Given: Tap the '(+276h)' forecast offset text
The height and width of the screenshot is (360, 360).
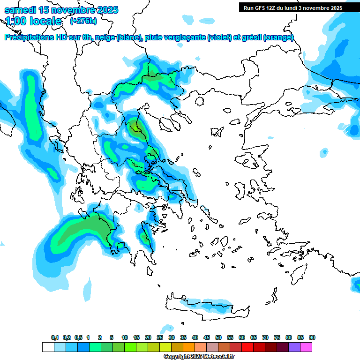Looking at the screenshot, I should (x=83, y=21).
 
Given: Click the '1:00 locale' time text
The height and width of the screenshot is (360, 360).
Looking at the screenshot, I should (x=33, y=21).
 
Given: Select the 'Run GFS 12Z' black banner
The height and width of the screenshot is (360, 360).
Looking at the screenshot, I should (x=293, y=7).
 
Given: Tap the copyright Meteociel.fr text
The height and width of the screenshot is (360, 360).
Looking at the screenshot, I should (x=199, y=356).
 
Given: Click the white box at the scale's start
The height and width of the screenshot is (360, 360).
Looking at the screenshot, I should (x=48, y=347).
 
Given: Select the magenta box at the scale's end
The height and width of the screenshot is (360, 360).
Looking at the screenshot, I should (x=306, y=347).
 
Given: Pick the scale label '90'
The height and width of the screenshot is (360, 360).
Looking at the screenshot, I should (x=312, y=337).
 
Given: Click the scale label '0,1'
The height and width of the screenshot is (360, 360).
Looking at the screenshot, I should (x=55, y=337).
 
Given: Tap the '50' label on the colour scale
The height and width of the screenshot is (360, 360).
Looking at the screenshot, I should (x=218, y=337).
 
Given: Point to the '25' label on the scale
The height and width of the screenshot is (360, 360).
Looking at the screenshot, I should (x=160, y=337).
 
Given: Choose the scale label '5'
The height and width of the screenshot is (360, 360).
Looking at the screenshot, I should (x=112, y=337).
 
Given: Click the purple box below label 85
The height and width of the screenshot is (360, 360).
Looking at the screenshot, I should (x=294, y=347).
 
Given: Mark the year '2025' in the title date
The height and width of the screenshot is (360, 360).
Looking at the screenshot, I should (x=105, y=10).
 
